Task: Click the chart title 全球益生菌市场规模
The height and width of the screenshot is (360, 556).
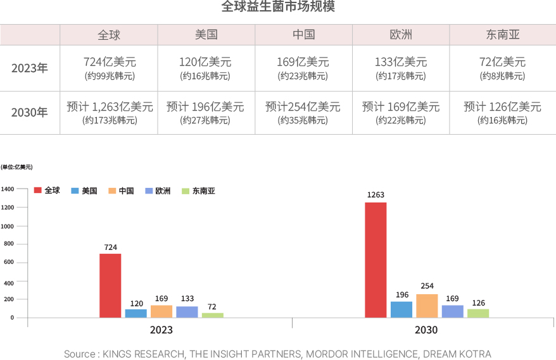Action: [x=278, y=7]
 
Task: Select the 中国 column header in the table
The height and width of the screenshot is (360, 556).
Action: [x=304, y=35]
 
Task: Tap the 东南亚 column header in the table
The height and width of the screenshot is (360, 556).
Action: [x=503, y=35]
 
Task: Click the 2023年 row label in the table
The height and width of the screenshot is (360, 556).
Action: [x=30, y=68]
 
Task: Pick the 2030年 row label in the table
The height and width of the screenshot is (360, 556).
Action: [x=30, y=113]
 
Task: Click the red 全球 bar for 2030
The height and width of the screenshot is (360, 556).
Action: [x=376, y=259]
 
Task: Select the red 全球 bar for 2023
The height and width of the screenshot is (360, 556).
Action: [x=110, y=285]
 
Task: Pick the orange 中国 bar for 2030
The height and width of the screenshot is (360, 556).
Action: [x=427, y=306]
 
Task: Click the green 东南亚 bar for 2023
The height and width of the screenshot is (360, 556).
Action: [x=212, y=314]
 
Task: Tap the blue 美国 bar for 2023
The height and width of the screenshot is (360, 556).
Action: [x=136, y=313]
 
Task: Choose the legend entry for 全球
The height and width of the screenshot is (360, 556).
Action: [x=47, y=190]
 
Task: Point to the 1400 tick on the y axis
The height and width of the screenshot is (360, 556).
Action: [x=8, y=189]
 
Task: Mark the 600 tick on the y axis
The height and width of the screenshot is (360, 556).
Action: [x=9, y=263]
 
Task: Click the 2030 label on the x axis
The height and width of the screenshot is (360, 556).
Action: [x=426, y=330]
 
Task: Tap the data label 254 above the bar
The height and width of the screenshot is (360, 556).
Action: [x=427, y=286]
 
